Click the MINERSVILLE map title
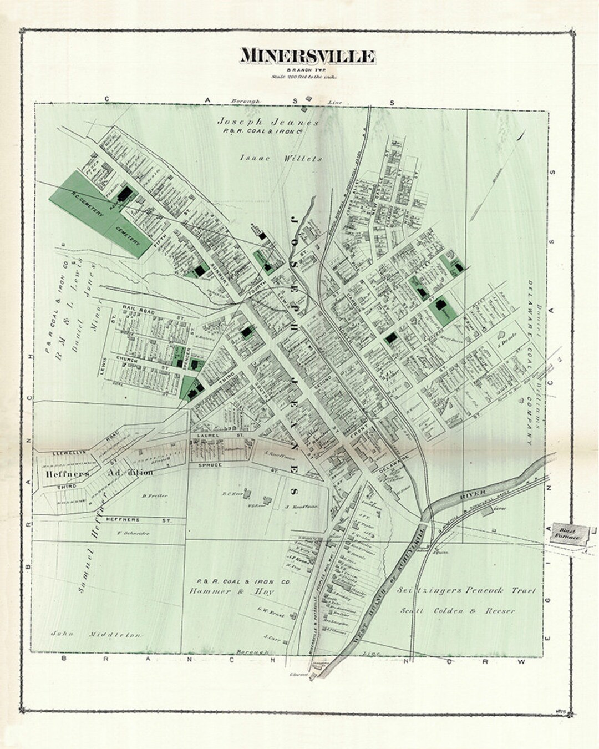[308, 56]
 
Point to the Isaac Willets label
[280, 158]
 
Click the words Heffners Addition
[95, 473]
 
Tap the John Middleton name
[96, 634]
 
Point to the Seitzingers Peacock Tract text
[466, 591]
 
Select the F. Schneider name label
[134, 533]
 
